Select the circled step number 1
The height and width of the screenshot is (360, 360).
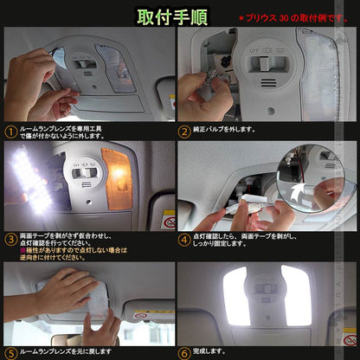[10, 132]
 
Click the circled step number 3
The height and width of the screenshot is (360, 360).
[10, 239]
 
